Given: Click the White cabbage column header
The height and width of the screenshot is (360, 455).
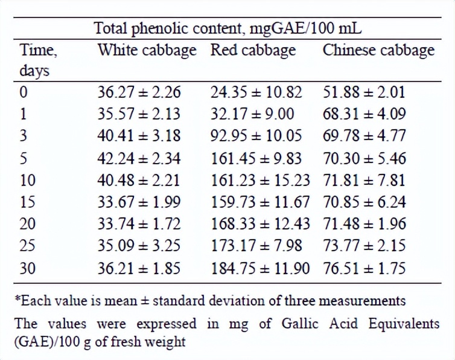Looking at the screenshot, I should (147, 50).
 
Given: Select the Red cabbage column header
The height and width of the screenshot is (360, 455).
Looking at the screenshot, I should (253, 50).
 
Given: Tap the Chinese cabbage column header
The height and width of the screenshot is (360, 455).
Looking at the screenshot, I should (378, 50).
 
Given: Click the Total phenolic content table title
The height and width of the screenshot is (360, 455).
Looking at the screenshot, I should (227, 28).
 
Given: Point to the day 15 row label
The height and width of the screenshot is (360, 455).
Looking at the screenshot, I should (27, 202).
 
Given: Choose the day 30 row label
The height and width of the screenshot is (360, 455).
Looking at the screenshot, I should (27, 268).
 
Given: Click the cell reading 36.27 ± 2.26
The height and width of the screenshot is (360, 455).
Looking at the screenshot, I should (139, 92).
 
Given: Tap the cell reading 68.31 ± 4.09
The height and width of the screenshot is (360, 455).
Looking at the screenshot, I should (364, 114).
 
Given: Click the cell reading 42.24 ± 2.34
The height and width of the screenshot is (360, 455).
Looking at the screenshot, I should (139, 158).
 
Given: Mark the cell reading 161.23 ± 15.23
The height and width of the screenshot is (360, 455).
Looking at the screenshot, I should (260, 180).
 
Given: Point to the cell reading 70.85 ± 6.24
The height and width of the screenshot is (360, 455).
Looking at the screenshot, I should (364, 202).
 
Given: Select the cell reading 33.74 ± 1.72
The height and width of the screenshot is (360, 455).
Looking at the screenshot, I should (139, 224).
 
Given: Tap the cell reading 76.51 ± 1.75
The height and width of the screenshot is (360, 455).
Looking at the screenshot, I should (364, 268).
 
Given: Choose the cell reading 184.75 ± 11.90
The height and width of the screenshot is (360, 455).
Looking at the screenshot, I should (260, 268).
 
